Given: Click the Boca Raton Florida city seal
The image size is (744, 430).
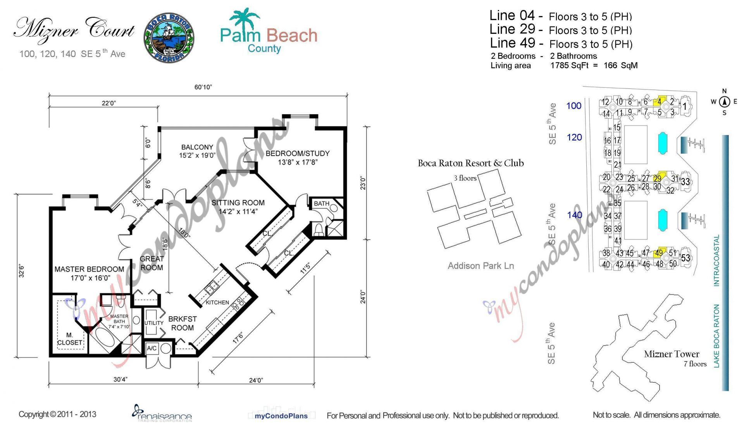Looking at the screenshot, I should point(169,38).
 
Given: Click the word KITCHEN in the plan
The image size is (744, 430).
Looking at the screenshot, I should point(217,302).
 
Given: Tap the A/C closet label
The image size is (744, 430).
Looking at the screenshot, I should point(152,348).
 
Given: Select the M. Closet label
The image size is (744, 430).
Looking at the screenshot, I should point(69,338).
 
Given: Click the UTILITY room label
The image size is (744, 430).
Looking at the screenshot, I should point(154,323).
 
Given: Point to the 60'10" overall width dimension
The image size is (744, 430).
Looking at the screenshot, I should point(203,87).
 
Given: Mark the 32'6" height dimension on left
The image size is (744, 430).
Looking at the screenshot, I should point(22,270).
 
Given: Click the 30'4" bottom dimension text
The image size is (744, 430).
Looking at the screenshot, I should point(121,379).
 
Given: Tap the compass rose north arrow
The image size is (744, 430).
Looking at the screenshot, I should point(724,102).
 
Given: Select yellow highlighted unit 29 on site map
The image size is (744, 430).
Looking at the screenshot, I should point(658,178).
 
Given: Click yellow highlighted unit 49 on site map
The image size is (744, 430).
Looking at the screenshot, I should point(659,253).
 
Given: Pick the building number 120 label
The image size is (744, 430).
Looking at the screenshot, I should point(574,137).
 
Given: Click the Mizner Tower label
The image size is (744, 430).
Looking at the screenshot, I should point(672,354).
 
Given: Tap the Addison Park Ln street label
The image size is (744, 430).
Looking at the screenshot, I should point(480,266).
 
